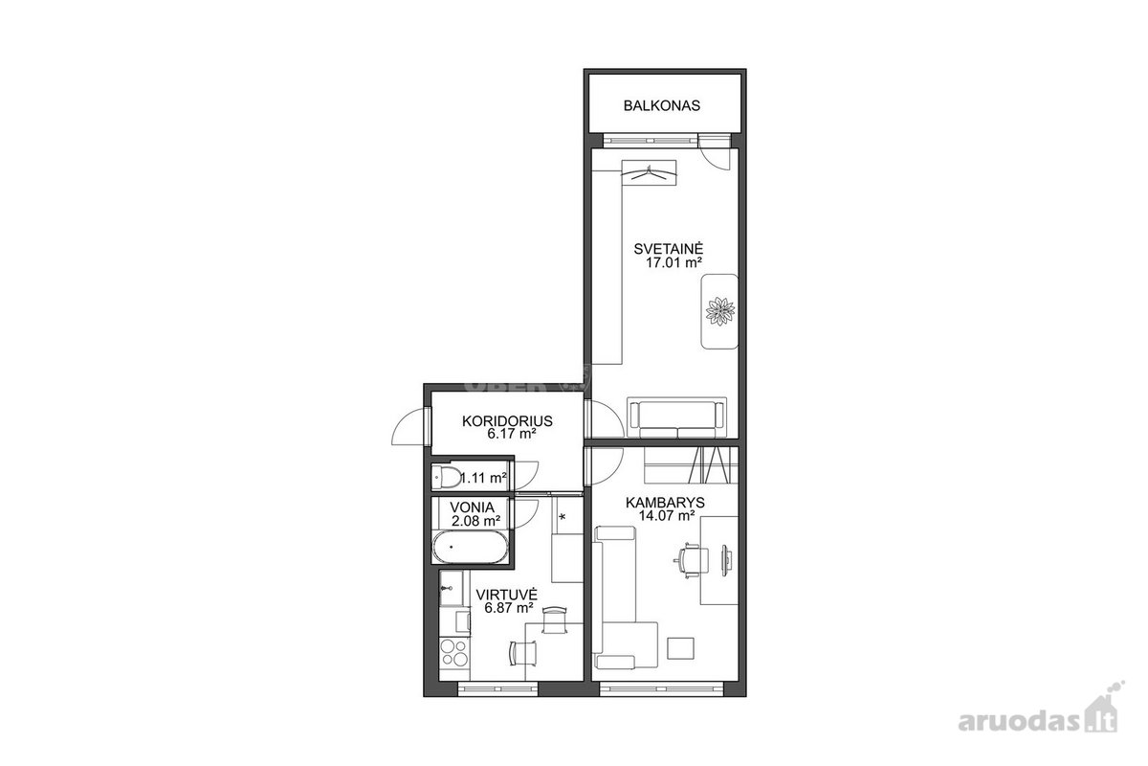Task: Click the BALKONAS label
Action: [662, 105]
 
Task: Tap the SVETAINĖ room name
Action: [669, 249]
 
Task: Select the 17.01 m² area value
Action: [673, 263]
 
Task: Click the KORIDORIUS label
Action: [507, 421]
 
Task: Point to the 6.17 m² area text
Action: [512, 434]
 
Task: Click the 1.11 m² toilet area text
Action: [484, 478]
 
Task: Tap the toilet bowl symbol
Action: [447, 477]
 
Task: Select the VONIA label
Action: [472, 507]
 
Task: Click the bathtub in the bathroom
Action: [471, 548]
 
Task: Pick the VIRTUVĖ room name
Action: [506, 596]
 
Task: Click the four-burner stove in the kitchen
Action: [454, 653]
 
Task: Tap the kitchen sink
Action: [451, 589]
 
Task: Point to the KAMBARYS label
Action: [665, 503]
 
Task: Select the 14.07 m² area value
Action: [666, 516]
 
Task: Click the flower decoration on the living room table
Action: [720, 311]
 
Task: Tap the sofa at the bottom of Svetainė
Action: [676, 417]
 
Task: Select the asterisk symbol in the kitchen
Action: [563, 517]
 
